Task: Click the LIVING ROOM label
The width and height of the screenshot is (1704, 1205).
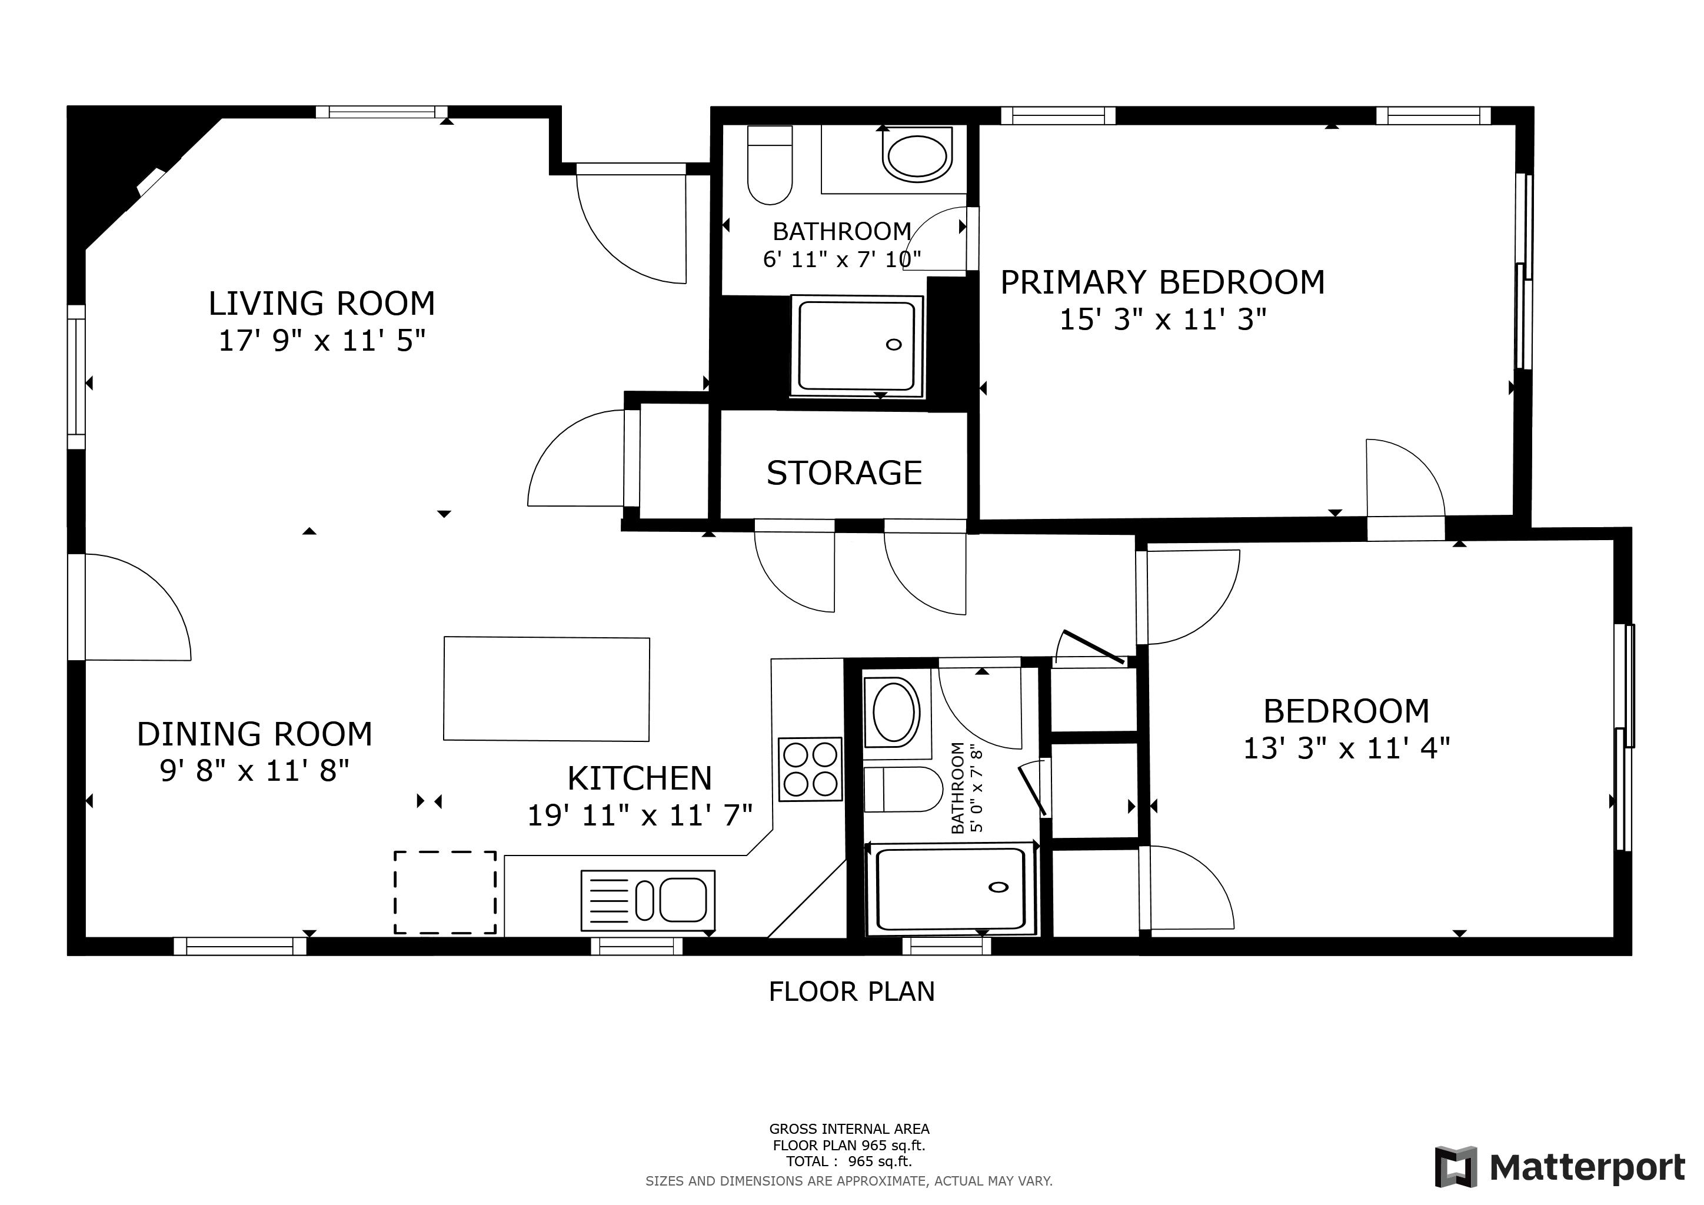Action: pyautogui.click(x=321, y=304)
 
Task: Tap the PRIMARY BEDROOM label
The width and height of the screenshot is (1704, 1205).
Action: pyautogui.click(x=1162, y=282)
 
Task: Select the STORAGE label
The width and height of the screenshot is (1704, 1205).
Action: pyautogui.click(x=844, y=472)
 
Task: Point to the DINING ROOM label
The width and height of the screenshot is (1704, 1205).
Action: pyautogui.click(x=255, y=734)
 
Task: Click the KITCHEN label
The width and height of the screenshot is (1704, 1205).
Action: pyautogui.click(x=640, y=778)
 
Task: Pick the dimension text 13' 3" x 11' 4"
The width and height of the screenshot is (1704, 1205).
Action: pyautogui.click(x=1346, y=748)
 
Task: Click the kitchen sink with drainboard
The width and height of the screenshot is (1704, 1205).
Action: pyautogui.click(x=648, y=900)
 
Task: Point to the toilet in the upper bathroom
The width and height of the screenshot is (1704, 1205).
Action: pyautogui.click(x=770, y=165)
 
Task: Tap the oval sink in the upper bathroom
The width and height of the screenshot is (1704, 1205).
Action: pyautogui.click(x=917, y=156)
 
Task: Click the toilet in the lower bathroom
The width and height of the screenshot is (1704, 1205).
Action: pyautogui.click(x=903, y=790)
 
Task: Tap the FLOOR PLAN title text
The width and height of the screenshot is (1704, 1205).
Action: pyautogui.click(x=851, y=991)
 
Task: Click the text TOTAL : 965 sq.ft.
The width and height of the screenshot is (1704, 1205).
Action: pyautogui.click(x=849, y=1161)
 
